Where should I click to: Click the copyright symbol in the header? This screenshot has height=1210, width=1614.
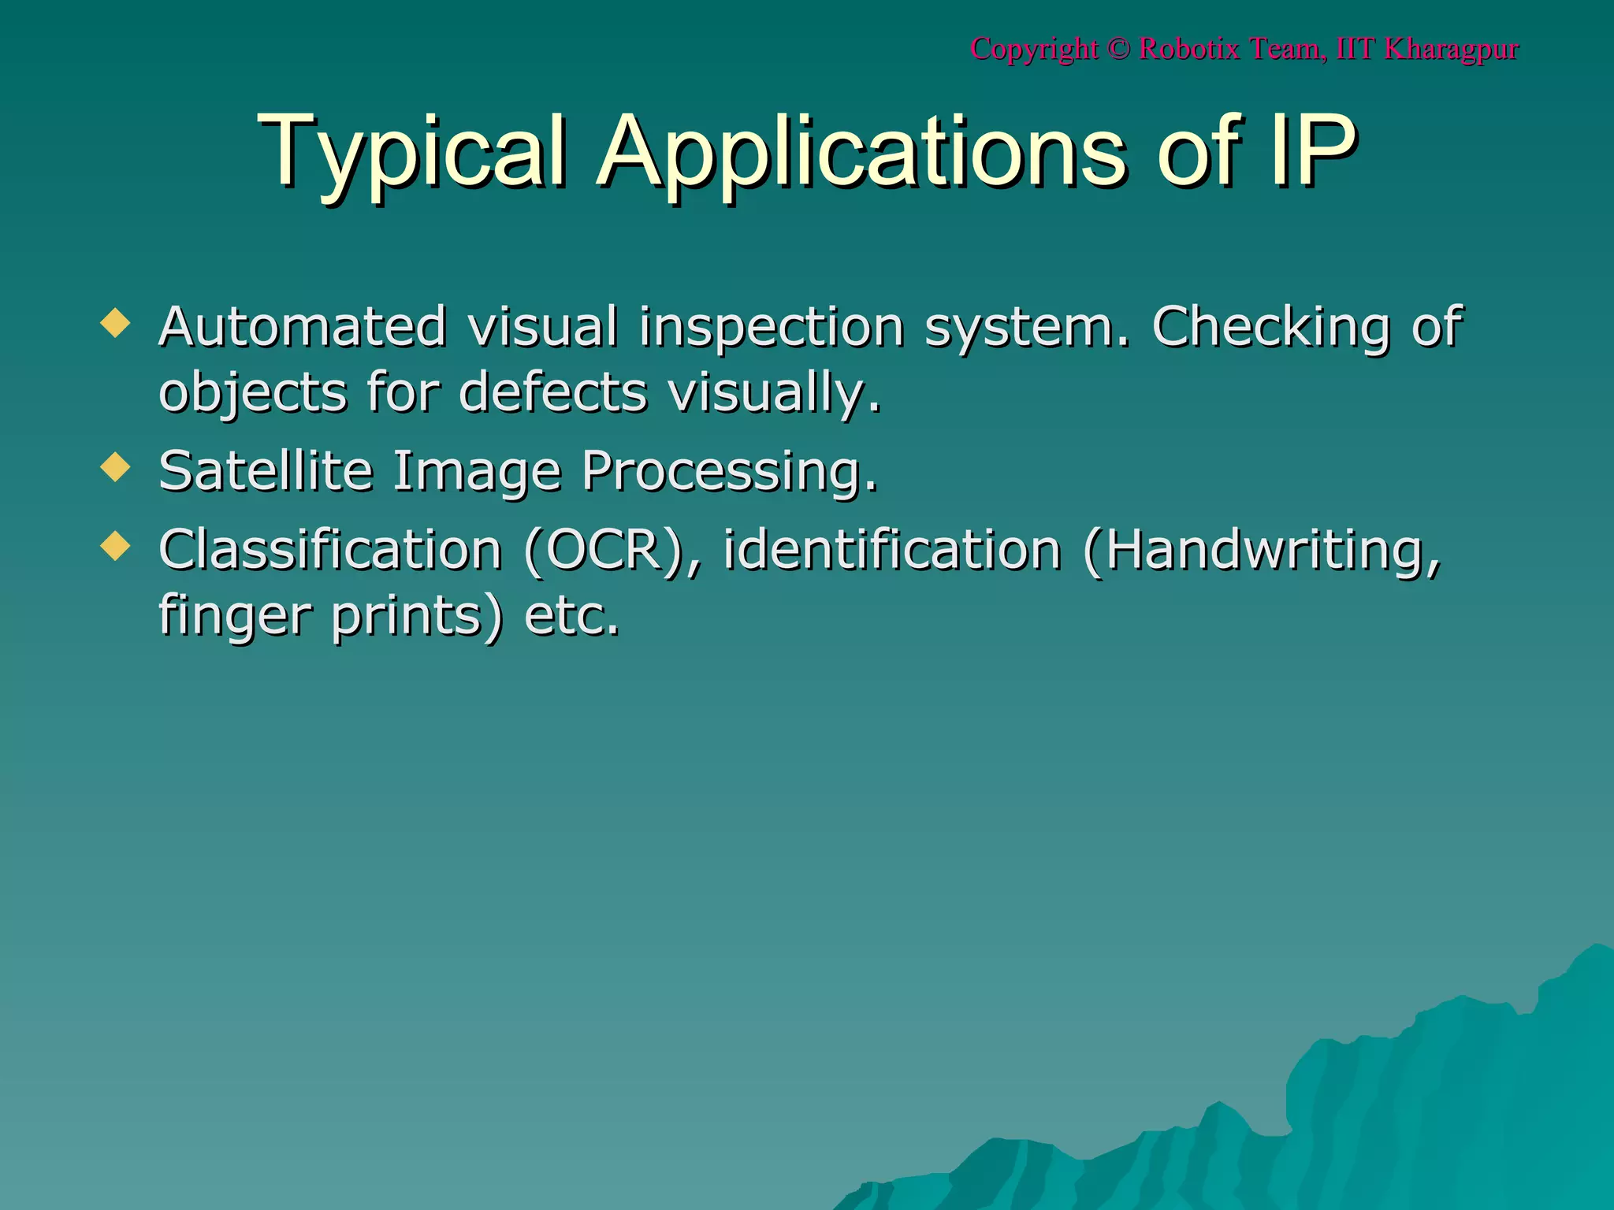1118,49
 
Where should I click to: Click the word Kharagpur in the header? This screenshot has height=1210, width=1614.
1451,49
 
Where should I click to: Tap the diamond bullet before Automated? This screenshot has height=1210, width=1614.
115,323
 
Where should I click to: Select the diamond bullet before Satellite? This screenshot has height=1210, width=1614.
115,467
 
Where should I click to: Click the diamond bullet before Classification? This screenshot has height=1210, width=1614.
115,545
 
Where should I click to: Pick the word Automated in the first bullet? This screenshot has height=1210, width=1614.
303,326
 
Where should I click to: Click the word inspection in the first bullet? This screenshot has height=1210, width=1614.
771,326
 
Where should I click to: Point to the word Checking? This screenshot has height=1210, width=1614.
1270,326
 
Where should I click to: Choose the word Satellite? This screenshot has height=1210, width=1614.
266,471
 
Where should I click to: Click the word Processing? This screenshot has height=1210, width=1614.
729,471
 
